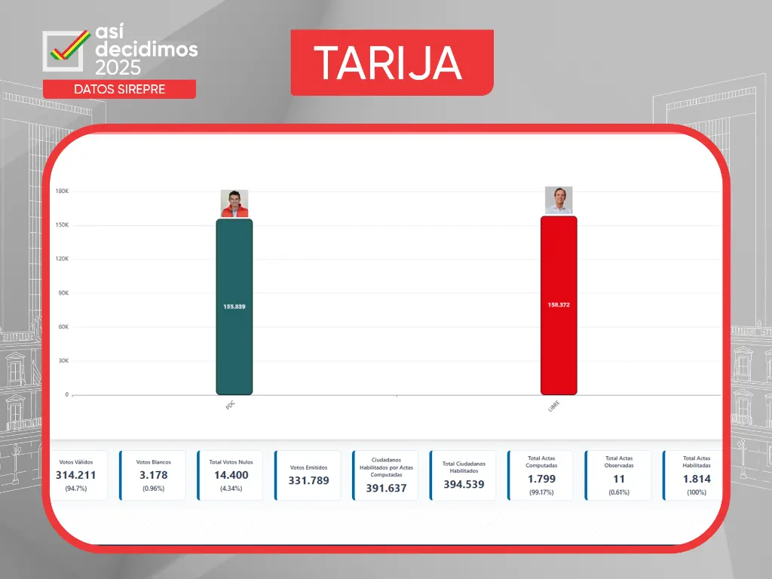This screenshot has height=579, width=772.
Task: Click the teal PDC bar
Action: pyautogui.click(x=234, y=307)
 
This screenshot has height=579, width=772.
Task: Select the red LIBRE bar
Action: pyautogui.click(x=559, y=305)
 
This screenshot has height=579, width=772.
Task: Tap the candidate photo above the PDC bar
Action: pyautogui.click(x=234, y=204)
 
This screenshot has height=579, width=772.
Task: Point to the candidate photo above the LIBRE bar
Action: pyautogui.click(x=559, y=201)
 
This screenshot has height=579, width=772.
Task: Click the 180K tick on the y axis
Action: pyautogui.click(x=62, y=191)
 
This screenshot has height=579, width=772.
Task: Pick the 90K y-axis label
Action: pyautogui.click(x=63, y=293)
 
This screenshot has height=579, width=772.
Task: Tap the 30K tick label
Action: pyautogui.click(x=63, y=361)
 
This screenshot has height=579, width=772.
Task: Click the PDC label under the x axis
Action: pyautogui.click(x=231, y=406)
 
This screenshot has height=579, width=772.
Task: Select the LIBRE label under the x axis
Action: pyautogui.click(x=554, y=406)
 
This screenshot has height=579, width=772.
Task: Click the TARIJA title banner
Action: pyautogui.click(x=392, y=63)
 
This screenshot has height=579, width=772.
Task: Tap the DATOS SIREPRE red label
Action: pyautogui.click(x=120, y=89)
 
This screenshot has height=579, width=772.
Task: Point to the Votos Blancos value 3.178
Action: pyautogui.click(x=154, y=475)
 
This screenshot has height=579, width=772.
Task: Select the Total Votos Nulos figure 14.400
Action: pyautogui.click(x=231, y=475)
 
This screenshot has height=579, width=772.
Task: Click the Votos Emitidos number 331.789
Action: pyautogui.click(x=308, y=480)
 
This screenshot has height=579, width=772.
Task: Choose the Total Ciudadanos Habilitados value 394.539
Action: pyautogui.click(x=464, y=485)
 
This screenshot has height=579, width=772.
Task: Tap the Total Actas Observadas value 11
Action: pyautogui.click(x=619, y=479)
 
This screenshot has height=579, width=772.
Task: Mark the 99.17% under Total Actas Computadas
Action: pyautogui.click(x=541, y=492)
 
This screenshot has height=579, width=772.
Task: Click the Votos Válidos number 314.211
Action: pyautogui.click(x=76, y=475)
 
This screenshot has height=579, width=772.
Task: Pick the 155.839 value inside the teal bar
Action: pyautogui.click(x=234, y=307)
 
